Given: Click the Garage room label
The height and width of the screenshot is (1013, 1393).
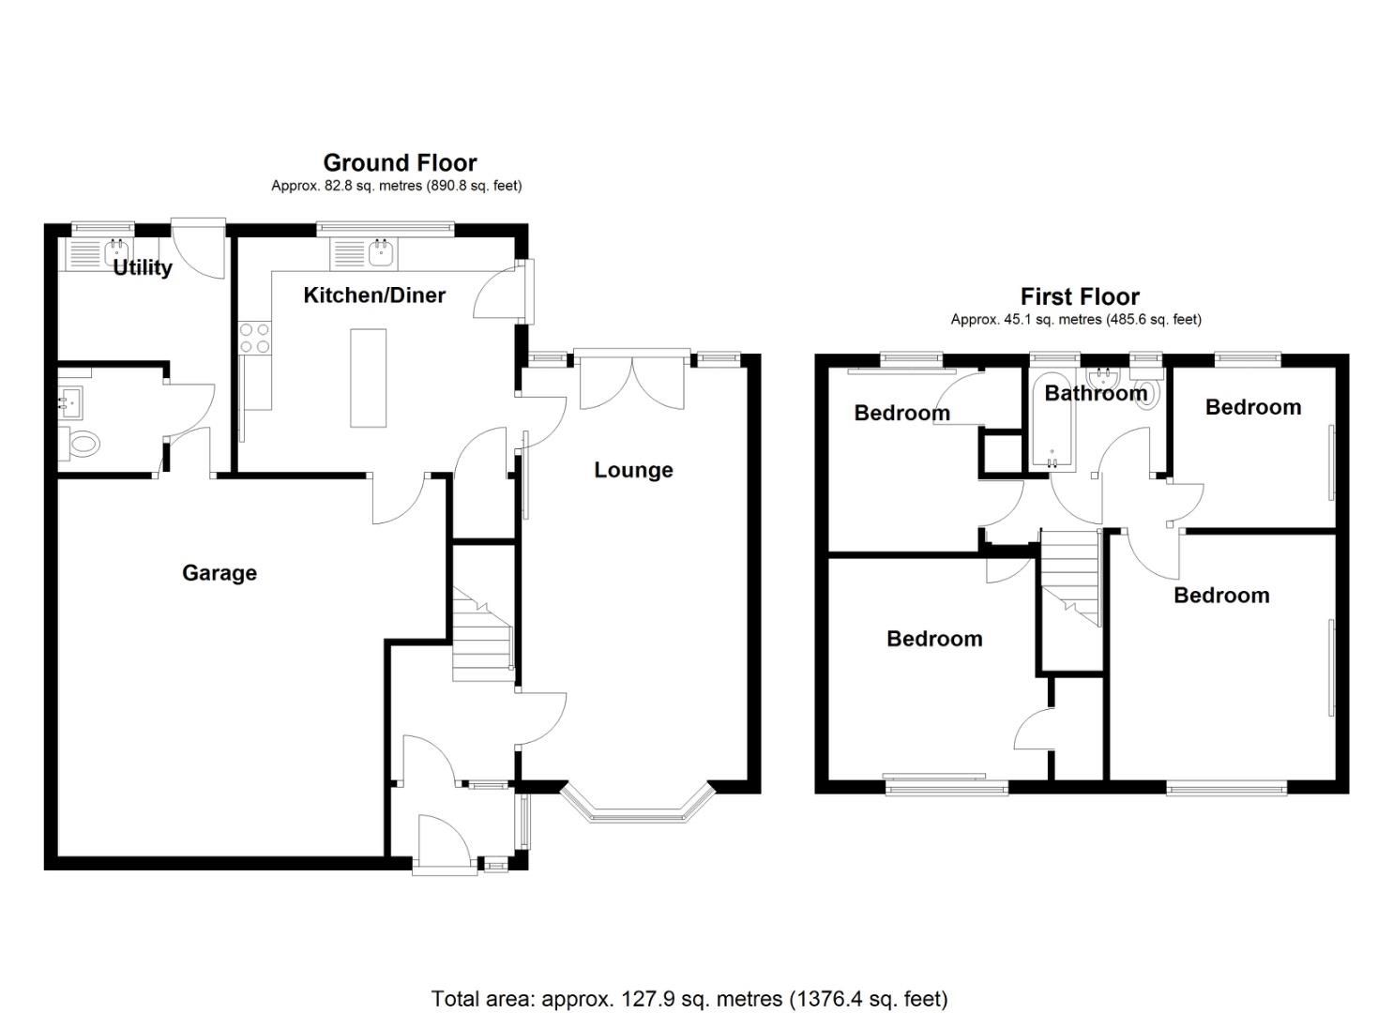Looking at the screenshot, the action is [x=220, y=573].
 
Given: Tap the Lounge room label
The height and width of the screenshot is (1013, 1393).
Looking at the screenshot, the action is [x=633, y=470].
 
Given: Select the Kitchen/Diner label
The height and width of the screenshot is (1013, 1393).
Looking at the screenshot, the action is [x=374, y=295].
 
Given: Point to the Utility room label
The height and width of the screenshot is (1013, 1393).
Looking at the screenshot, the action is [x=143, y=268].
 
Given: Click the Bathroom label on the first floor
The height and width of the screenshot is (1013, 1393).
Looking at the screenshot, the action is [x=1096, y=393].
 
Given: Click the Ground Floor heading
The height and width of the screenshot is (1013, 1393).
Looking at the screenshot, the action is [x=400, y=163].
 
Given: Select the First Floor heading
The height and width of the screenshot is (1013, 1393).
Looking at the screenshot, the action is [x=1081, y=296].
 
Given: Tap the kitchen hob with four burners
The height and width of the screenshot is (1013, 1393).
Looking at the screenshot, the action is [x=255, y=339].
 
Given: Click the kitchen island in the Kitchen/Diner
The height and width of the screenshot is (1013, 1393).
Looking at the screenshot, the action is [x=368, y=378].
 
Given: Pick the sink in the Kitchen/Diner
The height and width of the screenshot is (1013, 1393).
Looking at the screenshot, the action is [x=380, y=252].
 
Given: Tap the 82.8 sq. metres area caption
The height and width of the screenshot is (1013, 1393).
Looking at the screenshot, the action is [x=396, y=186].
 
